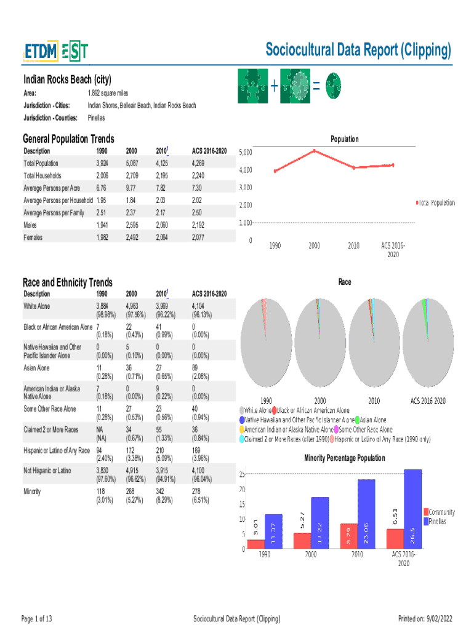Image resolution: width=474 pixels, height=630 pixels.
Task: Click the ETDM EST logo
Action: (x=55, y=51)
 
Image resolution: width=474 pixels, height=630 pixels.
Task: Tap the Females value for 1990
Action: (x=103, y=237)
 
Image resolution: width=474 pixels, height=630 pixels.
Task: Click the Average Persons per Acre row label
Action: (x=52, y=188)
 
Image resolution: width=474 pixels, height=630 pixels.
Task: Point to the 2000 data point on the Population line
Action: (x=315, y=150)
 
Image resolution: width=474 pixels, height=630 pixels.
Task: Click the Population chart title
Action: (x=344, y=139)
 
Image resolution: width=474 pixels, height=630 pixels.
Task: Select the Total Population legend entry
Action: (x=436, y=202)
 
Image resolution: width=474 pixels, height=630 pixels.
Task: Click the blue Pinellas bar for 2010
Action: (x=366, y=514)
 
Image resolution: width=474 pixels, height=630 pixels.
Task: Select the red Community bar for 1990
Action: (x=256, y=544)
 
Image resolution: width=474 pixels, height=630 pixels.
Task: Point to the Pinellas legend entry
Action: (x=438, y=522)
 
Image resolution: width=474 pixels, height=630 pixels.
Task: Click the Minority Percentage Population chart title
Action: (x=344, y=458)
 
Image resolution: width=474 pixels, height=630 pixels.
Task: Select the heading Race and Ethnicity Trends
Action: (x=68, y=282)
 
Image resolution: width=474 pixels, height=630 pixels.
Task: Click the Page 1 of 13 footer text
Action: (x=36, y=618)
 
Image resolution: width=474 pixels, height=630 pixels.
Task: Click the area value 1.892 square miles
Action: (x=108, y=92)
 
